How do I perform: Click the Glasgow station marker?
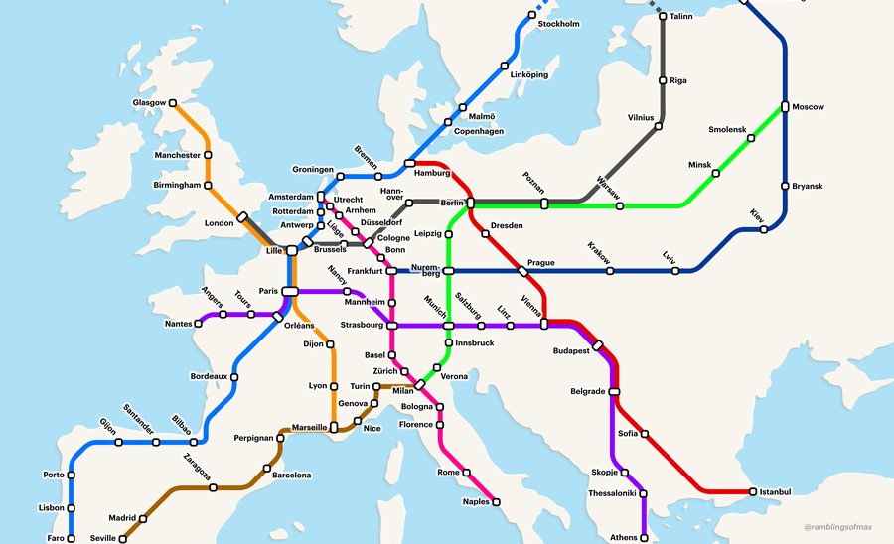click(173, 102)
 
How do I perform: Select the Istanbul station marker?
click(753, 491)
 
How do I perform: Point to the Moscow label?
click(808, 107)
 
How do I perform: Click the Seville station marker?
click(123, 539)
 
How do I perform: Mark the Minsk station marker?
click(715, 173)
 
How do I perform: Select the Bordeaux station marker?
click(236, 377)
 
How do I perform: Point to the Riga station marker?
click(663, 80)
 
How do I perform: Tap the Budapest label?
click(571, 351)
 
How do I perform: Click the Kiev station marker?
click(764, 230)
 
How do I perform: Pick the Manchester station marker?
click(209, 155)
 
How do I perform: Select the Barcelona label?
click(291, 476)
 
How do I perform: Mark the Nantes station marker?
click(198, 323)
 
